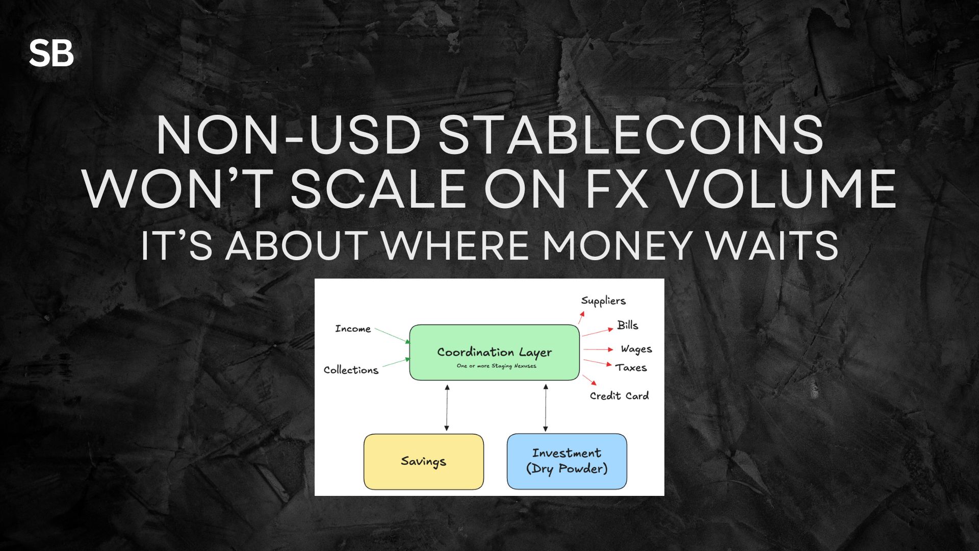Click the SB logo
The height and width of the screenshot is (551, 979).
pos(51,53)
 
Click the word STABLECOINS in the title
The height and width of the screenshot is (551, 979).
pos(631,135)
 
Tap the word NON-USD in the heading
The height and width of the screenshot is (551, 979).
pos(289,135)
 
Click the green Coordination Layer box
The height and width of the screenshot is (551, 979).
pos(494,353)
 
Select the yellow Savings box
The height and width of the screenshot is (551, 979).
pos(423,462)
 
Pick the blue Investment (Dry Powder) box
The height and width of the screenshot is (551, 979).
pos(566,461)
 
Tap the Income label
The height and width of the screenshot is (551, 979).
pos(353,329)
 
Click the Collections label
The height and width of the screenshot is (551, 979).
pos(351,370)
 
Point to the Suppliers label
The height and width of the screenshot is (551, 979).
pos(603,301)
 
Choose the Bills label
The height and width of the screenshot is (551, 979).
pos(628,325)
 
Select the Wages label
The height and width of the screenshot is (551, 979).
pos(636,349)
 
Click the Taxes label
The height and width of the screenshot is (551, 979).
pos(631,367)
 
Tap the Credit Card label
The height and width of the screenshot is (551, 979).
pos(620,396)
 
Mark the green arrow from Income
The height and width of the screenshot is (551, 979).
pos(393,336)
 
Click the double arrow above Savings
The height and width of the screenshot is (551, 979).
pos(447,408)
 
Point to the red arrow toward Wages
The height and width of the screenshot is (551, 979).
pos(598,349)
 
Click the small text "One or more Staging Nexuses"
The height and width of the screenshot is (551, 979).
pos(497,366)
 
